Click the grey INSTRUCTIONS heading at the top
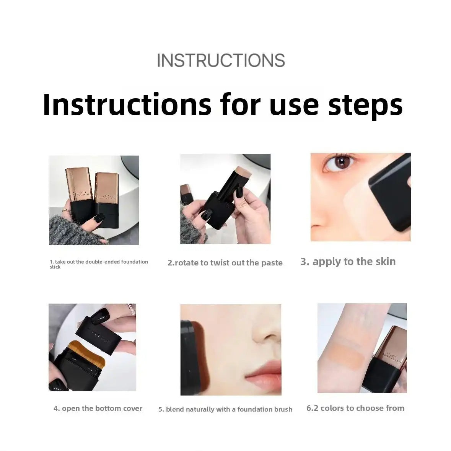221,60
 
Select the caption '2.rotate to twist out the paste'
225,262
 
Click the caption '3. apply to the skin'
348,261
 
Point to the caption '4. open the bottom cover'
98,409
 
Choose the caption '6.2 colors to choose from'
355,408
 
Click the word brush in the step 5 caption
283,409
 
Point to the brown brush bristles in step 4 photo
87,350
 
